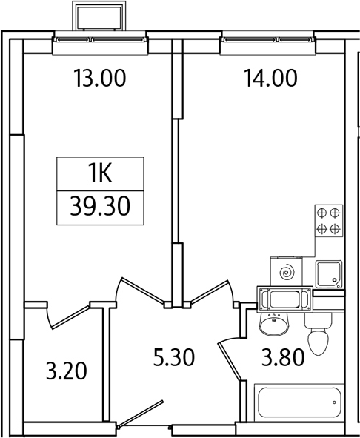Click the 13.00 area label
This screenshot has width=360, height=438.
click(100, 79)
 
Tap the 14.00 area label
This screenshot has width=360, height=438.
click(270, 79)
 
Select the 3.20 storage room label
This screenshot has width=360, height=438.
click(67, 371)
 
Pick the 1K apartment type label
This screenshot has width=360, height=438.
click(100, 173)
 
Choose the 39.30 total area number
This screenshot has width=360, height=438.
click(100, 206)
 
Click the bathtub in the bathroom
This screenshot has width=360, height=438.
click(299, 402)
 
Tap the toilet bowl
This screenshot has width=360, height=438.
click(318, 334)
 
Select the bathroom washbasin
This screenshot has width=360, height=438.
click(273, 323)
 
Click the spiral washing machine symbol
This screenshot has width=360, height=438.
click(287, 271)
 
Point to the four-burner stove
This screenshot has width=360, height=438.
click(329, 221)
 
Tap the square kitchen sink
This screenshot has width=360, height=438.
click(329, 274)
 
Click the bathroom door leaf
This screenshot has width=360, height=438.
click(230, 362)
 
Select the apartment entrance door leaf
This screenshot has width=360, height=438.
click(140, 414)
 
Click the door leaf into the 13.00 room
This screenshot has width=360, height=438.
click(142, 291)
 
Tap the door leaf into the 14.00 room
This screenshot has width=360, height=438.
click(210, 291)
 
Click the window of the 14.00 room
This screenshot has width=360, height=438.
click(268, 40)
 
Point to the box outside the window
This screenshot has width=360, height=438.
click(99, 16)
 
